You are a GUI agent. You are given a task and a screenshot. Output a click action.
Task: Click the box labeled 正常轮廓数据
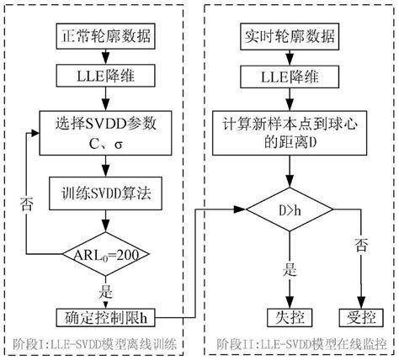pyautogui.click(x=104, y=38)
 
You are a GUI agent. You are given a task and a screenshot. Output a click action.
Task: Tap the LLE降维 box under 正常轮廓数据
pyautogui.click(x=104, y=79)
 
